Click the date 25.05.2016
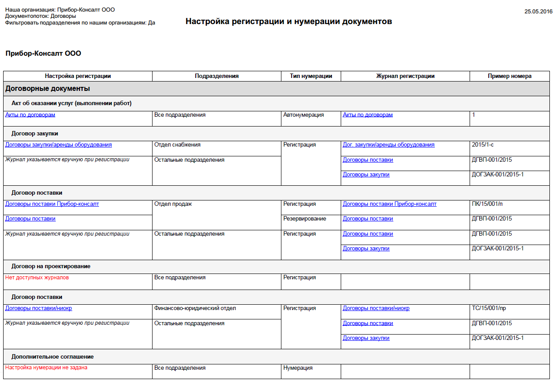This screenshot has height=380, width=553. point(538,12)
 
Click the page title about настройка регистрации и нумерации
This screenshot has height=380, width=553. point(289,21)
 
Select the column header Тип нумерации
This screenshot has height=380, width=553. point(311,76)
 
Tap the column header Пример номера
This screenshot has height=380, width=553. point(509,76)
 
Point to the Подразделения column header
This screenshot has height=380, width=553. point(217,76)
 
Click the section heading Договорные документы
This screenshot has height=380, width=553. point(48,89)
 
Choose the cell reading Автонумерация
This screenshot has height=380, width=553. point(303,115)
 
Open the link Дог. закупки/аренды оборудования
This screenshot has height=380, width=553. point(388,145)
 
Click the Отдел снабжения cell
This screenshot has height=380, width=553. point(177,145)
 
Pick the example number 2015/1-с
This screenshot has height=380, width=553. point(486,145)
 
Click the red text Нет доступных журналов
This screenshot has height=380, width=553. point(37,278)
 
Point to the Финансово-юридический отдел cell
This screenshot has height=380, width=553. point(195,308)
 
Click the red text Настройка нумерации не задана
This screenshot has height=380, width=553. point(46,368)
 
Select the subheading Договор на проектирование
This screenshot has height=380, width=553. point(51,266)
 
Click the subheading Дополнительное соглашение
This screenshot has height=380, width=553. point(53,357)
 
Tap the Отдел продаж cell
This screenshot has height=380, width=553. point(173,204)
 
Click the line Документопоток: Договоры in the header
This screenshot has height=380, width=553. point(41,16)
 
